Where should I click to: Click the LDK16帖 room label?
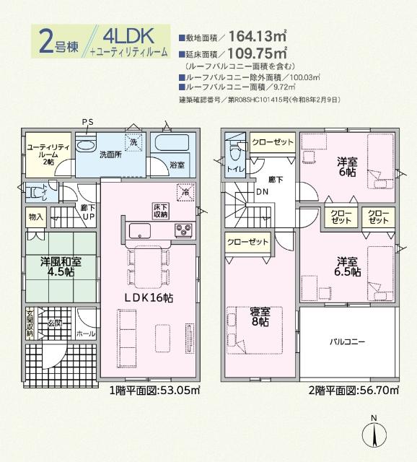point(151,296)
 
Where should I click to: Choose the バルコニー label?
point(348,341)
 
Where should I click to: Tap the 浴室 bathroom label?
point(177,165)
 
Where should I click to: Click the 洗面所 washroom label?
point(110,154)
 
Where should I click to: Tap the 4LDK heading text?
point(128,35)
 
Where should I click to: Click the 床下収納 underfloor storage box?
point(160,210)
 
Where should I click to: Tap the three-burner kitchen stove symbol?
point(183,230)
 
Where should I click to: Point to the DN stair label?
point(260,192)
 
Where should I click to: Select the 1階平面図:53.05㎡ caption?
point(154,392)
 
